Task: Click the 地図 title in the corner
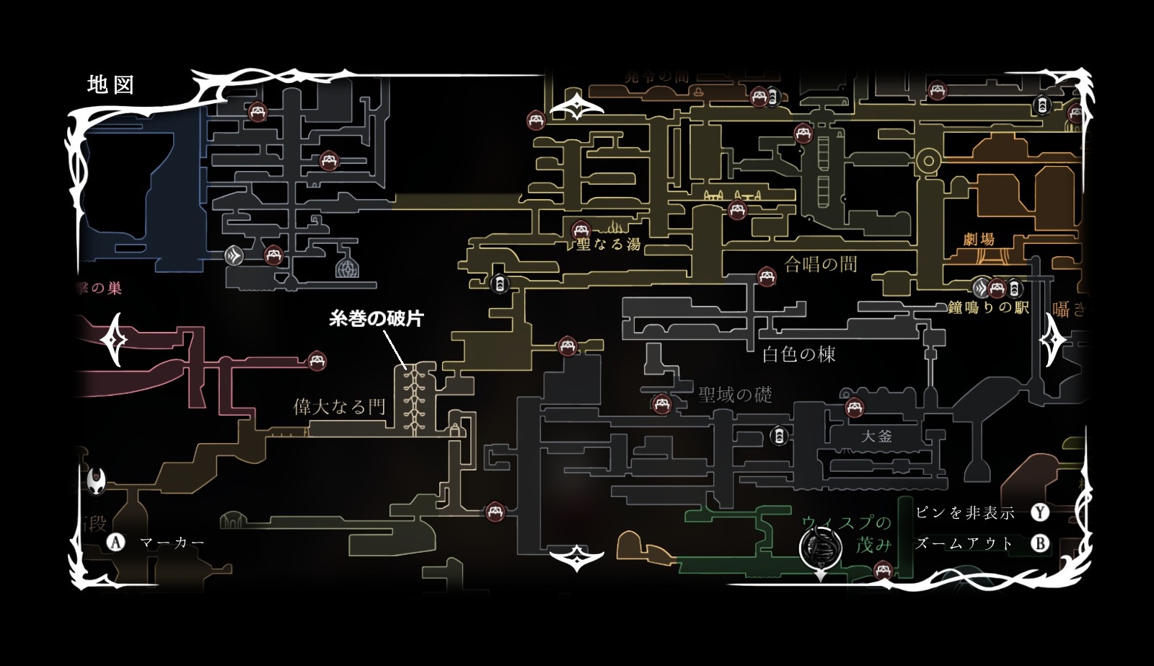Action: (110, 85)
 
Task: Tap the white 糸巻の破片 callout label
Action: (376, 319)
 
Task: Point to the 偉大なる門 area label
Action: (339, 407)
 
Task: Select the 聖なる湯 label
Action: (609, 245)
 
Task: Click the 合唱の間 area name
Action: (821, 264)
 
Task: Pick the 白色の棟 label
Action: (799, 354)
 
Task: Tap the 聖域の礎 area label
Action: (735, 395)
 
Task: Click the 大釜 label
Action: (876, 436)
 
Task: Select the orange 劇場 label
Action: (979, 240)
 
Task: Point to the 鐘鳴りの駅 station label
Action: (988, 307)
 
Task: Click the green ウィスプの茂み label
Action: (847, 533)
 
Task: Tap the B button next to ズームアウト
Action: (1039, 543)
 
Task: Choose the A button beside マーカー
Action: (115, 542)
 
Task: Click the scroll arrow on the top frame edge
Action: (577, 109)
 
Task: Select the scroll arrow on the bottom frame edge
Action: (577, 558)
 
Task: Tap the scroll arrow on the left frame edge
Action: (115, 338)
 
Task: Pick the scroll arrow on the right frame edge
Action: (1054, 338)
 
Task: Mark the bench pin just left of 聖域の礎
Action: (659, 403)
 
